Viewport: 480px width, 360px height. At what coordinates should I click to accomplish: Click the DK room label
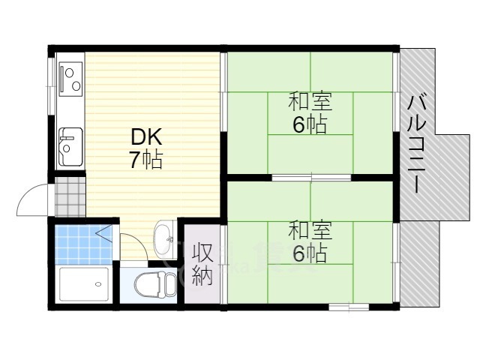pos(146,137)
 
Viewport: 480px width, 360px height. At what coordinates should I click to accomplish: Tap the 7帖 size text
pos(146,159)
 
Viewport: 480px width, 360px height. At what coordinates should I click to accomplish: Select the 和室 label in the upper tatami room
pos(310,101)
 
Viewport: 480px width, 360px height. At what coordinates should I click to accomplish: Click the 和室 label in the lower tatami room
pos(310,229)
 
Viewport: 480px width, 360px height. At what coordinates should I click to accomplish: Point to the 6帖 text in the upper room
pos(310,124)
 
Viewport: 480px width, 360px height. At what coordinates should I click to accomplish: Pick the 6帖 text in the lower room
pos(310,253)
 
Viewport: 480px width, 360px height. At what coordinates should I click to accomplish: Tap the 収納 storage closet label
pos(202,264)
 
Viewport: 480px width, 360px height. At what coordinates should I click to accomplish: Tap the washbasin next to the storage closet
pos(163,240)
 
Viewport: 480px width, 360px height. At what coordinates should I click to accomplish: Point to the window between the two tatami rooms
pos(310,178)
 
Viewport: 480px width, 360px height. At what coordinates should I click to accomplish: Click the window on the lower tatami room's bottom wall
pos(348,307)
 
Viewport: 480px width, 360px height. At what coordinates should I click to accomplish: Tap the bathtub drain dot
pos(97,283)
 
